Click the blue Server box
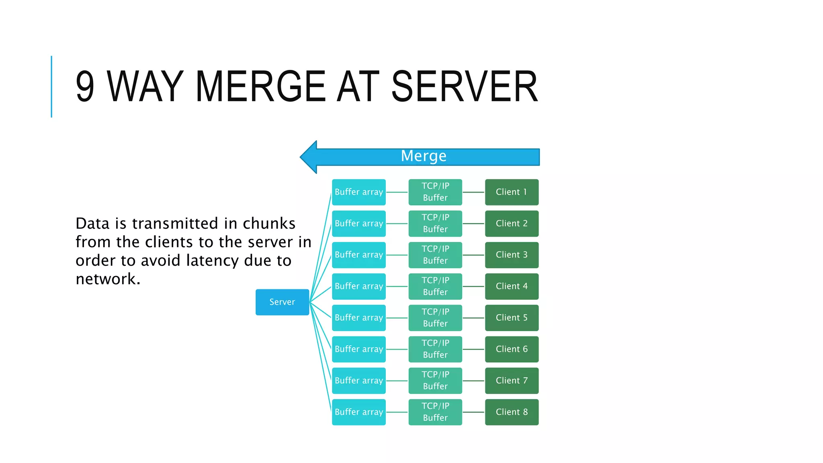(282, 302)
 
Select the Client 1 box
(512, 192)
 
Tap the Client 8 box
(512, 412)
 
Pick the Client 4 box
(512, 286)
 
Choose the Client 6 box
(512, 349)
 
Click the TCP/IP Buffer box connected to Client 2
(435, 223)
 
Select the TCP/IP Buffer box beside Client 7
(435, 380)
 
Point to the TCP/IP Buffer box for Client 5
(435, 318)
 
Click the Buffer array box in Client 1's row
(358, 192)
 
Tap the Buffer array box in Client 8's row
(358, 412)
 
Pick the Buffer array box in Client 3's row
(358, 255)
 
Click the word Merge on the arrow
(424, 156)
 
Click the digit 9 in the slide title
(85, 86)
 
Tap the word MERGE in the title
(260, 86)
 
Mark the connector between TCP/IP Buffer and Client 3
(473, 255)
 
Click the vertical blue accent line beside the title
(51, 86)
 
